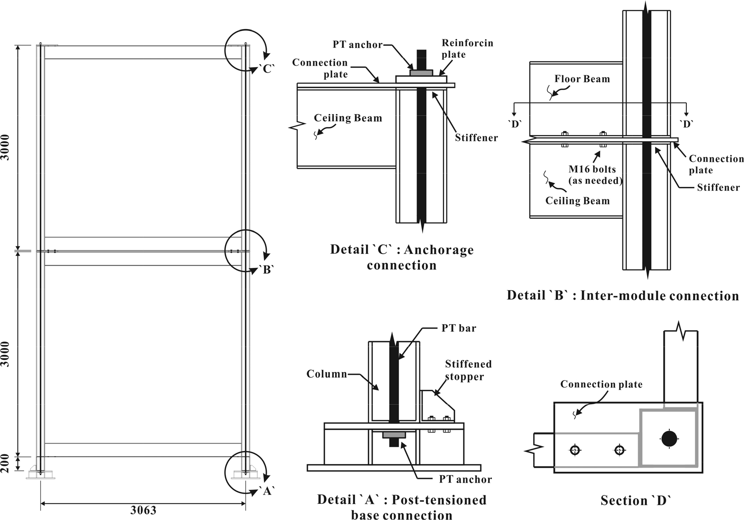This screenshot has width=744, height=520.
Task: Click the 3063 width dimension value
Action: coord(143,510)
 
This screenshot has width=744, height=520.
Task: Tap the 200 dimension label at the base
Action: coord(5,464)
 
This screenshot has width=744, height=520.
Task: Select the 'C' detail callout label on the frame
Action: coord(267,69)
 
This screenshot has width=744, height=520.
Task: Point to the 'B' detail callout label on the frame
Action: coord(267,270)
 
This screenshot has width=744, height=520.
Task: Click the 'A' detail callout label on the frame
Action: coord(267,491)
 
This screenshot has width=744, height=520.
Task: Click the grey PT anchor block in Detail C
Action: coord(421,73)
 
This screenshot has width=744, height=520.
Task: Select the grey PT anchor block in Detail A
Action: coord(394,435)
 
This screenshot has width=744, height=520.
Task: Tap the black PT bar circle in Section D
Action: coord(669,439)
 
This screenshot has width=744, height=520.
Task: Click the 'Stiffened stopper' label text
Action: coord(468,370)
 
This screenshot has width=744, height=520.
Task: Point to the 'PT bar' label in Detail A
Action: coord(459,328)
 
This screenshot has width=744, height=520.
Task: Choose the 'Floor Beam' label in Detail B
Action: coord(582,79)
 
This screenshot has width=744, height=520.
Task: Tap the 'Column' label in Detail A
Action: coord(327,374)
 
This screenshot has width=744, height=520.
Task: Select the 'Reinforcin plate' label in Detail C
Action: coord(467,48)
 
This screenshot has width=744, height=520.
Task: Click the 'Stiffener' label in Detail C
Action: coord(476,138)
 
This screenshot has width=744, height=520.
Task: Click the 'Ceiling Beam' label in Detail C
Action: coord(348,118)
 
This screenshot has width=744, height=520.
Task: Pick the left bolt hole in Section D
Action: coord(575,450)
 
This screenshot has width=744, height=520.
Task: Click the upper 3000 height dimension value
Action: coord(5,147)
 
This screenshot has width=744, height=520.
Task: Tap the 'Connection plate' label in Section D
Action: coord(601,384)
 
